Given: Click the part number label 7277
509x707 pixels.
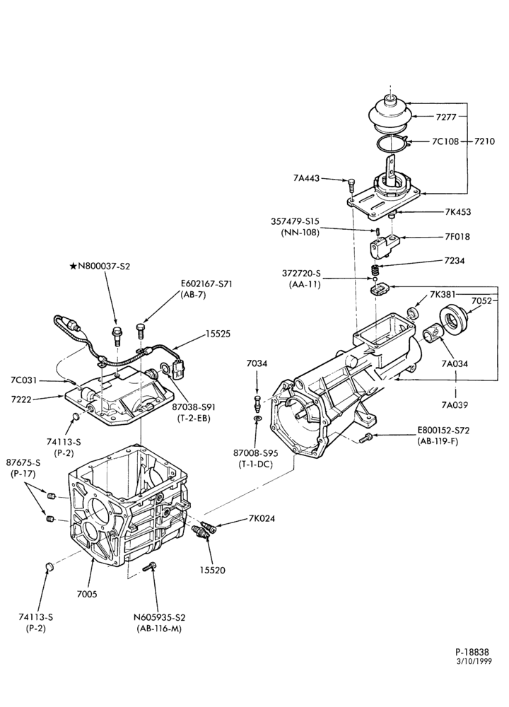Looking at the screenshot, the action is coord(446,117).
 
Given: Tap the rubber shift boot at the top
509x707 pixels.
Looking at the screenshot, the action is coord(390,115).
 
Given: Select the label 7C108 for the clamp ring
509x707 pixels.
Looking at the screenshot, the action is coord(445,141).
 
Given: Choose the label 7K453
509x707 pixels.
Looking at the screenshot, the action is coord(457,211).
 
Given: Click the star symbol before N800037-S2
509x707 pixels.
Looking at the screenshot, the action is coord(73,266).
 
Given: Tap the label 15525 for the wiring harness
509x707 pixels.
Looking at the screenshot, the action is coord(218,334).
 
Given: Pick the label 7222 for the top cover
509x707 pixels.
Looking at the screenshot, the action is coord(21,399).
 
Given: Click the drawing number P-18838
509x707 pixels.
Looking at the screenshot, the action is coord(472,652).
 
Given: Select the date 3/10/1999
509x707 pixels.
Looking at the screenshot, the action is coord(474,662).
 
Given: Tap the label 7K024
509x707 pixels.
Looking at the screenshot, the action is coord(262,518).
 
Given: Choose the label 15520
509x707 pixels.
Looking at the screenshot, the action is coord(212,570).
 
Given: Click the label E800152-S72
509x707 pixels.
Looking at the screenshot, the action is coord(443,431).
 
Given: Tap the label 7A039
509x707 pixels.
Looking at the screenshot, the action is coord(454,405).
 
